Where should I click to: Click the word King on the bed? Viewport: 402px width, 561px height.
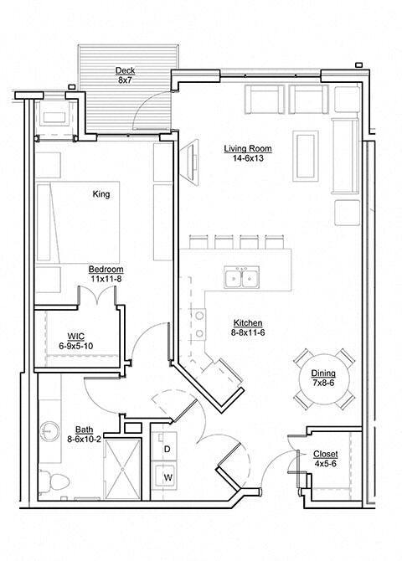point(101,194)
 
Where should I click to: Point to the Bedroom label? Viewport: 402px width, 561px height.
point(106,269)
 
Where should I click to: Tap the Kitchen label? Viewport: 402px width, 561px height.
point(249,322)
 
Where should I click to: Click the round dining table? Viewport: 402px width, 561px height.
point(324,379)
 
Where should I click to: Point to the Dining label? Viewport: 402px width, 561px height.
point(324,374)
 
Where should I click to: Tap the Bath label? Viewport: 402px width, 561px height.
point(84,428)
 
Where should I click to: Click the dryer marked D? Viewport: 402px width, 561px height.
point(167,450)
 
